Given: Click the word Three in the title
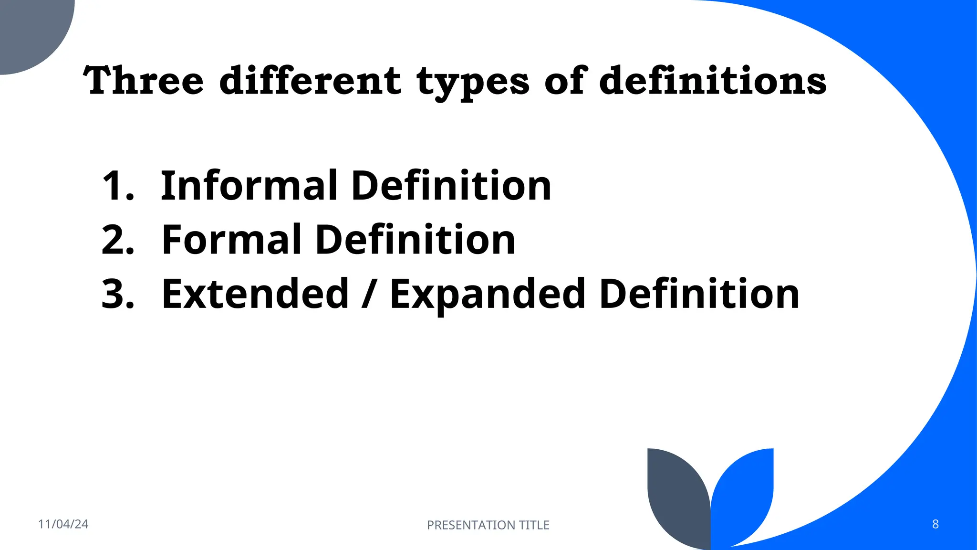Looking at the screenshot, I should pos(144,80).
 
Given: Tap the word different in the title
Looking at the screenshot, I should pos(310,80).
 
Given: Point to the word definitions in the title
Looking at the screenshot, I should pos(713,80).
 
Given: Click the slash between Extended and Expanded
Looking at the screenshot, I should pos(367,294).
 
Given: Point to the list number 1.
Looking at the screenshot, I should pos(117,186).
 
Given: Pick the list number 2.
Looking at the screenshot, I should pos(117,240).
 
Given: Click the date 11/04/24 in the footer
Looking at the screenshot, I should pos(63,524).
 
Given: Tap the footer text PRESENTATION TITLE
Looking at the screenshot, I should pos(488,525).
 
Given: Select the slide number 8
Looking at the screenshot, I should pos(935,524).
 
